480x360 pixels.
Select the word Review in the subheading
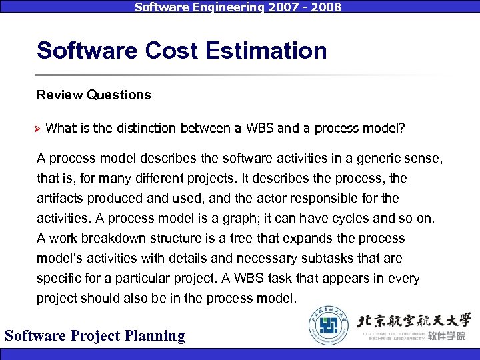tap(59, 95)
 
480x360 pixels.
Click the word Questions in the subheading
tap(119, 95)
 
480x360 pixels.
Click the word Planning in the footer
tap(153, 335)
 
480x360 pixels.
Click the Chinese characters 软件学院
tap(447, 336)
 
